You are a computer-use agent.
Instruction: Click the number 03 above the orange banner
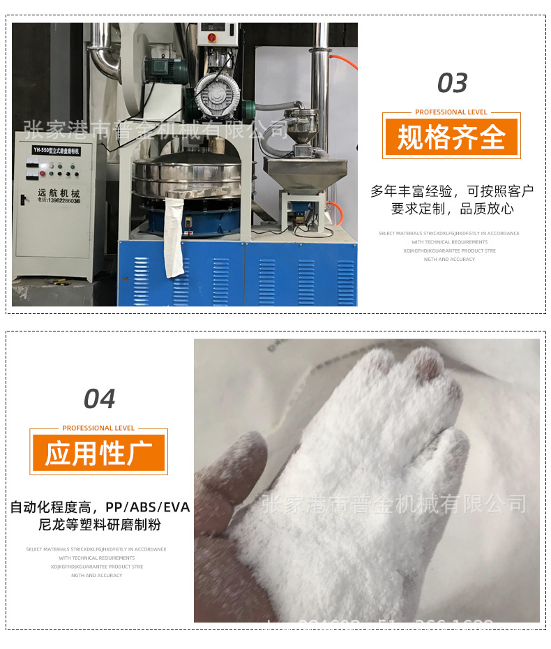452,84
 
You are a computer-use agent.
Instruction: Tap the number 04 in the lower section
99,399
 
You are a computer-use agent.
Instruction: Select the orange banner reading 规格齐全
451,137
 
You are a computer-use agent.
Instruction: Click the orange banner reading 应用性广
98,454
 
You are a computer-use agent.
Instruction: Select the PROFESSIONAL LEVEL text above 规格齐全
451,112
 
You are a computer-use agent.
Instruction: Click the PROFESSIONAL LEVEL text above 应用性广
98,428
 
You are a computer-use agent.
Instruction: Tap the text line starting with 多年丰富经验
451,191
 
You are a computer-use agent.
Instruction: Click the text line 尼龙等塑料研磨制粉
99,525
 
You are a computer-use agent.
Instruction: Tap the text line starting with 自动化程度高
99,507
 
